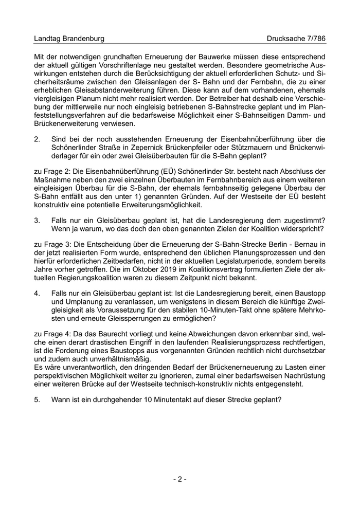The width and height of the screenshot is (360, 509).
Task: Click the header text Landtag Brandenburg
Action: point(69,39)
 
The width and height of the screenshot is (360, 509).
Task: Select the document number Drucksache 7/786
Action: point(296,39)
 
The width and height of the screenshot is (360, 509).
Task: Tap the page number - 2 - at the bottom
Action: point(179,479)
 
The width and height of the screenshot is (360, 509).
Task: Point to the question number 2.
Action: point(37,139)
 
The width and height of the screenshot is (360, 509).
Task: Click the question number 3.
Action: point(37,220)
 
